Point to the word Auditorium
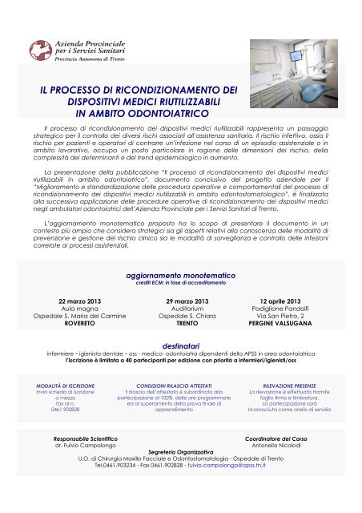[x=182, y=309]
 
